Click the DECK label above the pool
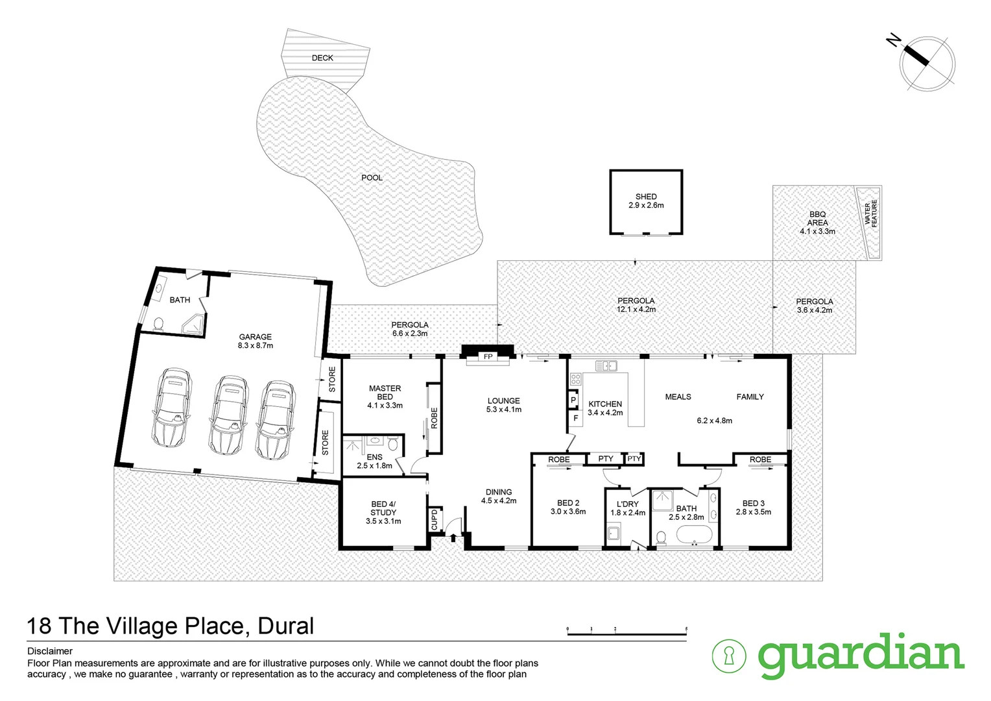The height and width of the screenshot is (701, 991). [322, 58]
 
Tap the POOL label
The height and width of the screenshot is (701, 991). [372, 178]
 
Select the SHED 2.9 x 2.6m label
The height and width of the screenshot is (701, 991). [646, 201]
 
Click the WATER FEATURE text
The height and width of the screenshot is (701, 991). [870, 213]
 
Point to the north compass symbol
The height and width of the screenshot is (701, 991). [927, 62]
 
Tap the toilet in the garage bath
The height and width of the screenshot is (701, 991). [158, 323]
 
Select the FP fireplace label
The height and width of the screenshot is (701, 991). [488, 357]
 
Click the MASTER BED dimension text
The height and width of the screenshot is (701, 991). [385, 405]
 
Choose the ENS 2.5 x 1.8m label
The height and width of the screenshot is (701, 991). [374, 461]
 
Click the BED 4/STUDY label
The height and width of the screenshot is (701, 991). [383, 512]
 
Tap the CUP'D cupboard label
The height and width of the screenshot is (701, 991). [435, 519]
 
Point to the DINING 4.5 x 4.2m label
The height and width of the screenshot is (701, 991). [499, 496]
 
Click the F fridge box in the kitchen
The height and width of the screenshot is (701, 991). [575, 419]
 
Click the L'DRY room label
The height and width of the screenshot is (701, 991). [628, 508]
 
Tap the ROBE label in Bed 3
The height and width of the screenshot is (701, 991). [760, 460]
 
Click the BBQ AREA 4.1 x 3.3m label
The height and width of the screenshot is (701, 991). [817, 223]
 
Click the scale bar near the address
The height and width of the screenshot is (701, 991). [627, 632]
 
